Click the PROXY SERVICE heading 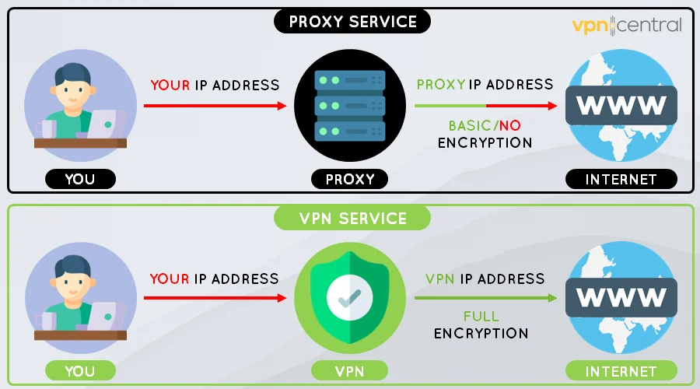(352, 20)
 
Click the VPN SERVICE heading (352, 218)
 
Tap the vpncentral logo (626, 25)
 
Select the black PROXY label (350, 180)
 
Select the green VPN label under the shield (350, 371)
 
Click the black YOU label (79, 180)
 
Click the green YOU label (79, 371)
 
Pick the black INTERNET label (621, 180)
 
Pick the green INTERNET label (621, 371)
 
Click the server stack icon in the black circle (349, 104)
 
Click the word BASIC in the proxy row (469, 125)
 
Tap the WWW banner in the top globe (621, 104)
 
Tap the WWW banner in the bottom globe (621, 297)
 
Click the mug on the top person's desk (45, 128)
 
